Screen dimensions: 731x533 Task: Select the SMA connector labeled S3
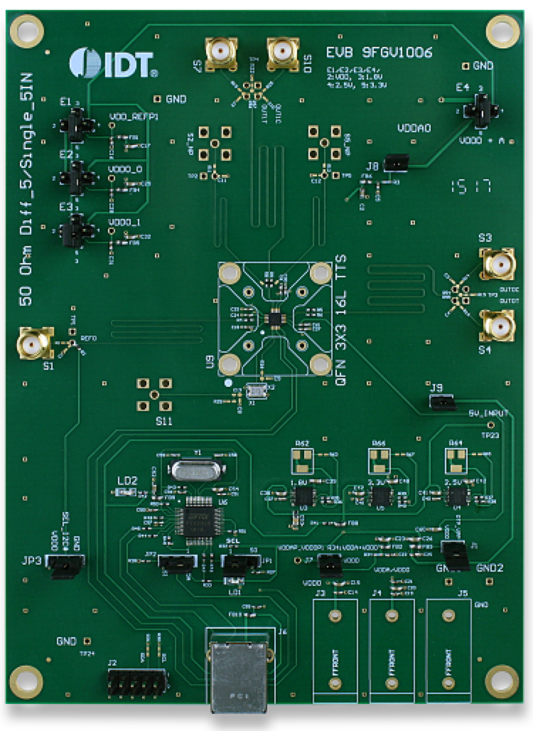497,264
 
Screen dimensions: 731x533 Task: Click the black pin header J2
137,683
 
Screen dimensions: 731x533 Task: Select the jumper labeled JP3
65,565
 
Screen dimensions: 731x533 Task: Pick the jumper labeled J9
442,401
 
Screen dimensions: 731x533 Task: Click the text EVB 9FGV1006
379,53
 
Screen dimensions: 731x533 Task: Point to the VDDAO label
414,128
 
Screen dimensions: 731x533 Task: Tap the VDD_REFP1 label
134,117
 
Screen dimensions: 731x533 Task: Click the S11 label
164,421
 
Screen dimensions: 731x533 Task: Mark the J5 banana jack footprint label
463,593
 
